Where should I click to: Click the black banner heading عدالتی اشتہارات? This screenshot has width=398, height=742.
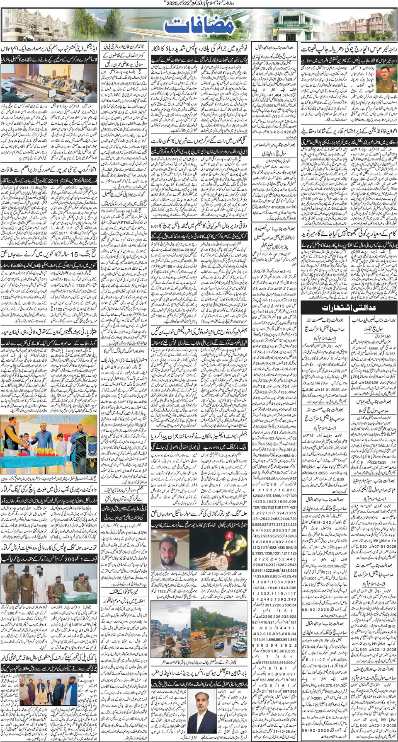click(349, 308)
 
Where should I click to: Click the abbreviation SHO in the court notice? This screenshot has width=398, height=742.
click(391, 626)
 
